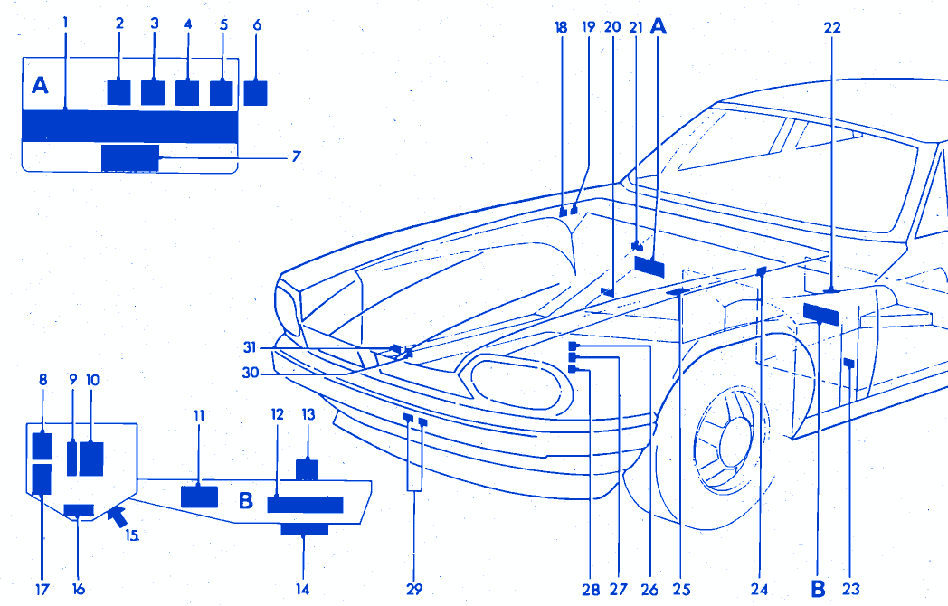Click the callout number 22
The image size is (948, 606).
point(832,28)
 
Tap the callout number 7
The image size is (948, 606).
point(296,156)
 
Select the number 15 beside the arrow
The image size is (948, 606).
point(132,535)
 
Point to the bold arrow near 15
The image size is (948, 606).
point(115,516)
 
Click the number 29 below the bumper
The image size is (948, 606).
point(414,589)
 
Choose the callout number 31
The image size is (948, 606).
point(250,346)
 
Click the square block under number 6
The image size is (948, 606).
point(256,93)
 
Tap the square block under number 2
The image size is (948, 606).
point(118,92)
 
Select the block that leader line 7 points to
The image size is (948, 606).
point(130,157)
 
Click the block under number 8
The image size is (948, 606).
point(42,447)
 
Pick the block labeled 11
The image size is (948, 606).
point(199,496)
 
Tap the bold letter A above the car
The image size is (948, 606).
point(659,28)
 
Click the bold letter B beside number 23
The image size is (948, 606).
point(818,589)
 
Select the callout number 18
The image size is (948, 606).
point(561,28)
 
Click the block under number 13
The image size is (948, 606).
point(308,469)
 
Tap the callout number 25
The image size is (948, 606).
point(681,589)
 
